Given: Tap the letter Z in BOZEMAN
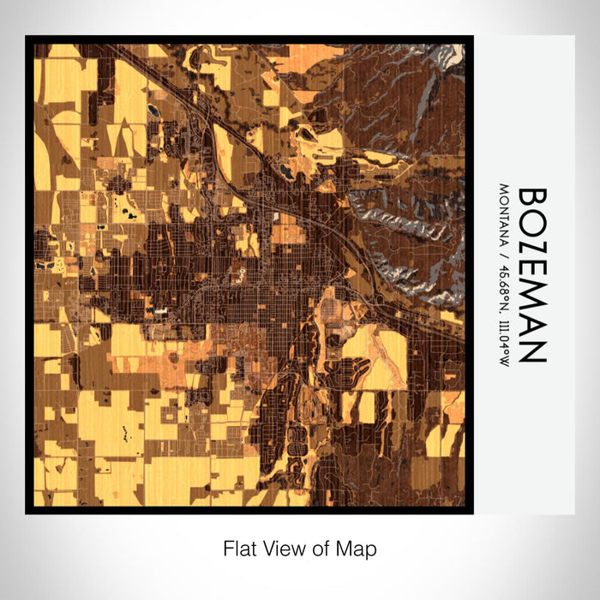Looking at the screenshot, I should coord(531,248).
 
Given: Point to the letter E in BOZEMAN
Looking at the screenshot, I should coord(531,271).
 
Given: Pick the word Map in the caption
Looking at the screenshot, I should coord(357,549).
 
